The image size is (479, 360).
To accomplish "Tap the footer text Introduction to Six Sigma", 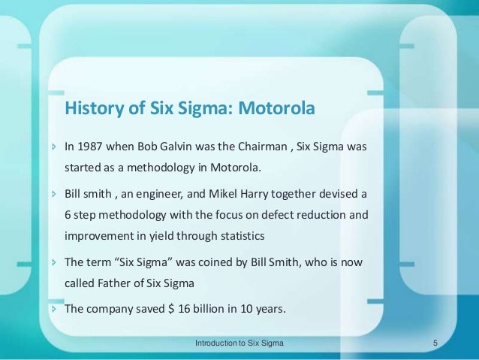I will [239, 343].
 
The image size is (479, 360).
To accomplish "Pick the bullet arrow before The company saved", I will [53, 308].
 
